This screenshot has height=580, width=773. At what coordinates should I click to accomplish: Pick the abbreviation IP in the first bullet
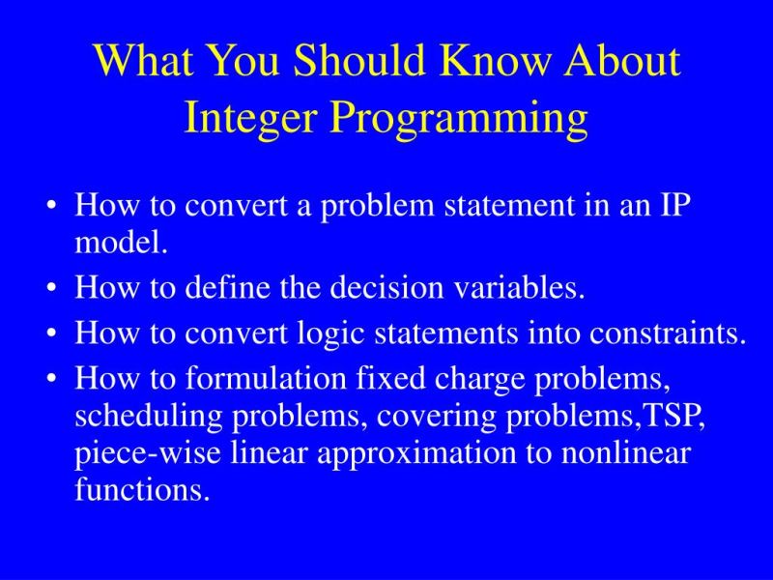[673, 206]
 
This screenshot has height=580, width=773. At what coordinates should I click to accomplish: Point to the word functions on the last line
[141, 490]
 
